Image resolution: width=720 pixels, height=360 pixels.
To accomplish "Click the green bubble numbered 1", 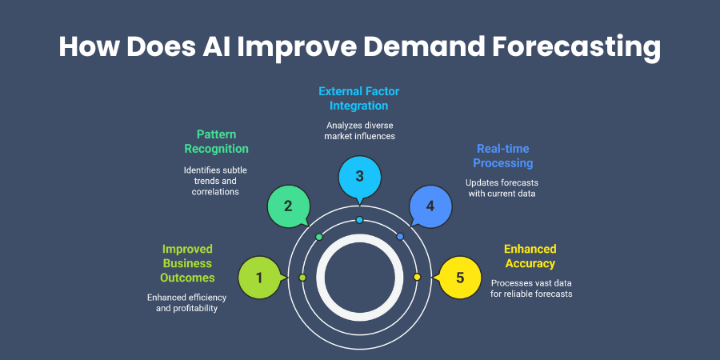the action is pyautogui.click(x=260, y=278).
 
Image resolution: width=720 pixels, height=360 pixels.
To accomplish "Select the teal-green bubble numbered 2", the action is pyautogui.click(x=288, y=206).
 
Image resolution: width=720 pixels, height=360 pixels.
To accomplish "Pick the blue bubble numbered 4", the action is pyautogui.click(x=430, y=206).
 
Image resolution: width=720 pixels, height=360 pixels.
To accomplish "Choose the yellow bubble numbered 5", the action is pyautogui.click(x=460, y=278).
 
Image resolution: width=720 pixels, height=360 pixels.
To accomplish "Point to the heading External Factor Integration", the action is pyautogui.click(x=359, y=98).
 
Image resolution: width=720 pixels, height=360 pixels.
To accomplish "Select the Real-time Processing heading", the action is pyautogui.click(x=503, y=156).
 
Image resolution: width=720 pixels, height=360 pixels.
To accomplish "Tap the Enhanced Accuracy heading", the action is pyautogui.click(x=530, y=256).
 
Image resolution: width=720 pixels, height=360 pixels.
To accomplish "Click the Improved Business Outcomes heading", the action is pyautogui.click(x=187, y=263).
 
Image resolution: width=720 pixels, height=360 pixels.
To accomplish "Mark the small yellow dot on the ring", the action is pyautogui.click(x=417, y=277).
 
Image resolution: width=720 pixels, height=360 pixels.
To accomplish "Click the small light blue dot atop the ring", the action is pyautogui.click(x=359, y=220).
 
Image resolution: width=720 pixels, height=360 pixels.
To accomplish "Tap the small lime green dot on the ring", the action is pyautogui.click(x=302, y=278).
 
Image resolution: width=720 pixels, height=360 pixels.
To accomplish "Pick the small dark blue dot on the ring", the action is pyautogui.click(x=400, y=237).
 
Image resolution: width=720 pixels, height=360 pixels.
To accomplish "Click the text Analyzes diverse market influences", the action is pyautogui.click(x=361, y=130).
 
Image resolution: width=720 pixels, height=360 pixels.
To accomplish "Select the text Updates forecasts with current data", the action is pyautogui.click(x=502, y=188).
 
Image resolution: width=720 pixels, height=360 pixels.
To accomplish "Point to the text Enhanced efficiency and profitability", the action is pyautogui.click(x=186, y=302).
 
